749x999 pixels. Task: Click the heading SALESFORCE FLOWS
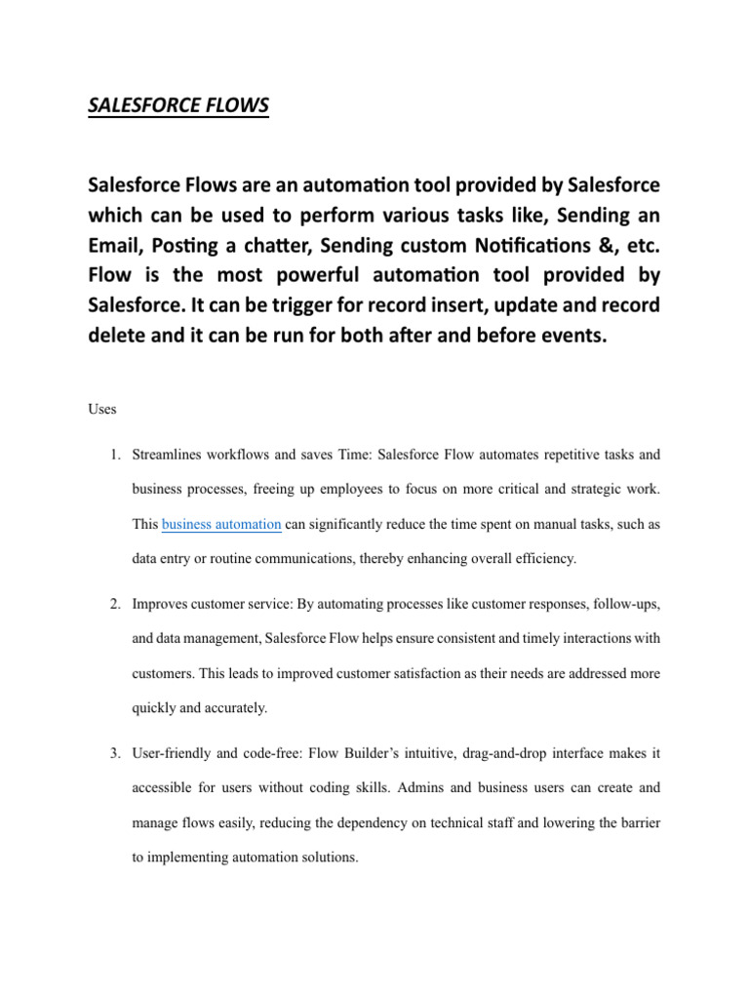[x=177, y=105]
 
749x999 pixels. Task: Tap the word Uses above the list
[x=102, y=410]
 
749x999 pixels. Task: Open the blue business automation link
[x=221, y=525]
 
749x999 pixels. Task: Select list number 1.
[x=114, y=456]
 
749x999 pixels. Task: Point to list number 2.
[x=114, y=605]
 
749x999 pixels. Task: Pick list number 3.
[x=114, y=754]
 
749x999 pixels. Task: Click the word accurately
[x=231, y=708]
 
